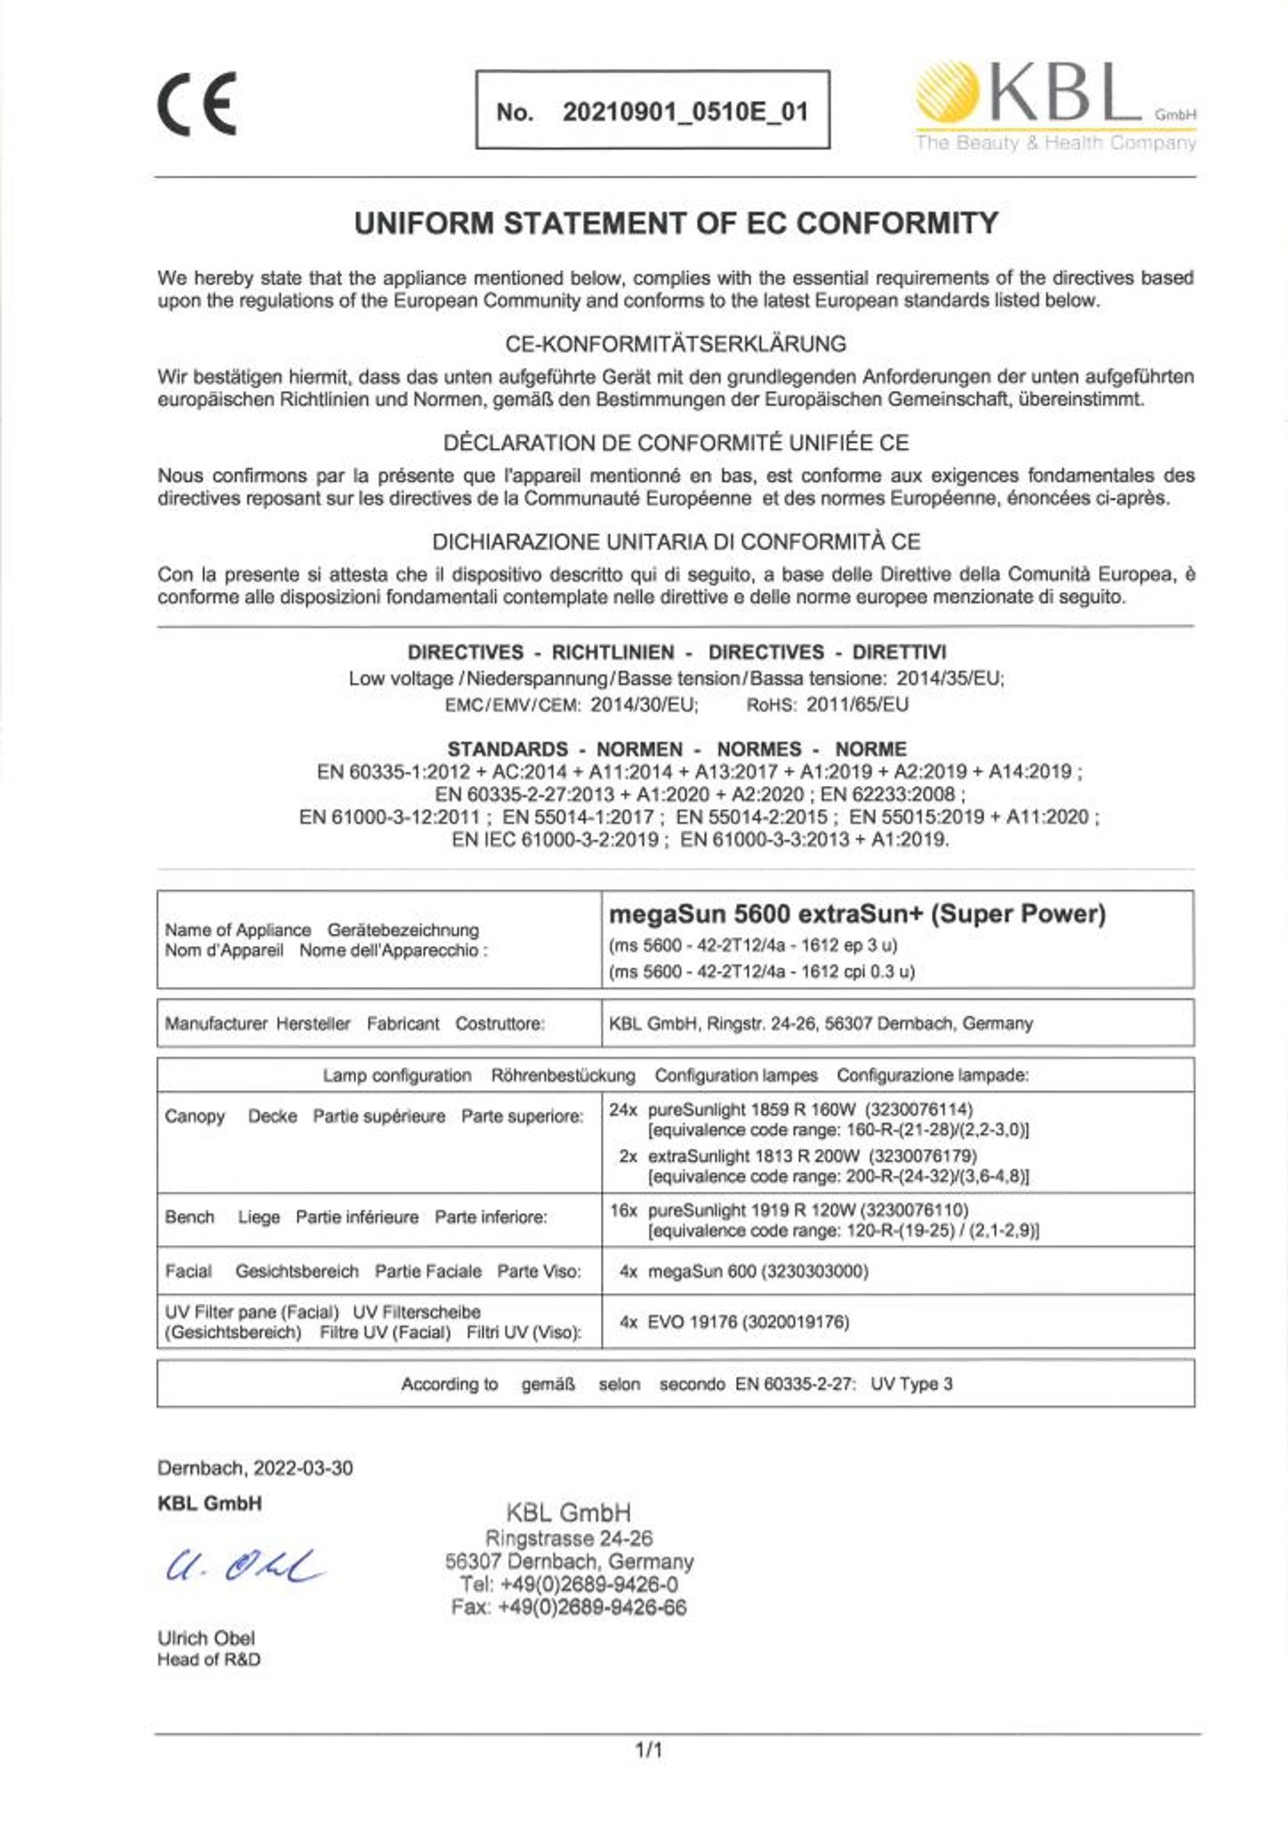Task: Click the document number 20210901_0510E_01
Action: [x=685, y=112]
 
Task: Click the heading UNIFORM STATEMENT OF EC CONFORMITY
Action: [x=675, y=223]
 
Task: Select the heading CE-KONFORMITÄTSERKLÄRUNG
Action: [x=675, y=343]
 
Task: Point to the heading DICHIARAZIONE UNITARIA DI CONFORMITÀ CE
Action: [x=675, y=542]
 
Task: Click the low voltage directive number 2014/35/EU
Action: [x=949, y=678]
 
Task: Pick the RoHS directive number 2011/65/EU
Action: [x=857, y=705]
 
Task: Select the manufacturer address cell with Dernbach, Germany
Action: [x=820, y=1023]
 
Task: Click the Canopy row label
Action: [x=194, y=1116]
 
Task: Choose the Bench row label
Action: [x=190, y=1217]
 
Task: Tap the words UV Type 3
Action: [x=911, y=1384]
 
